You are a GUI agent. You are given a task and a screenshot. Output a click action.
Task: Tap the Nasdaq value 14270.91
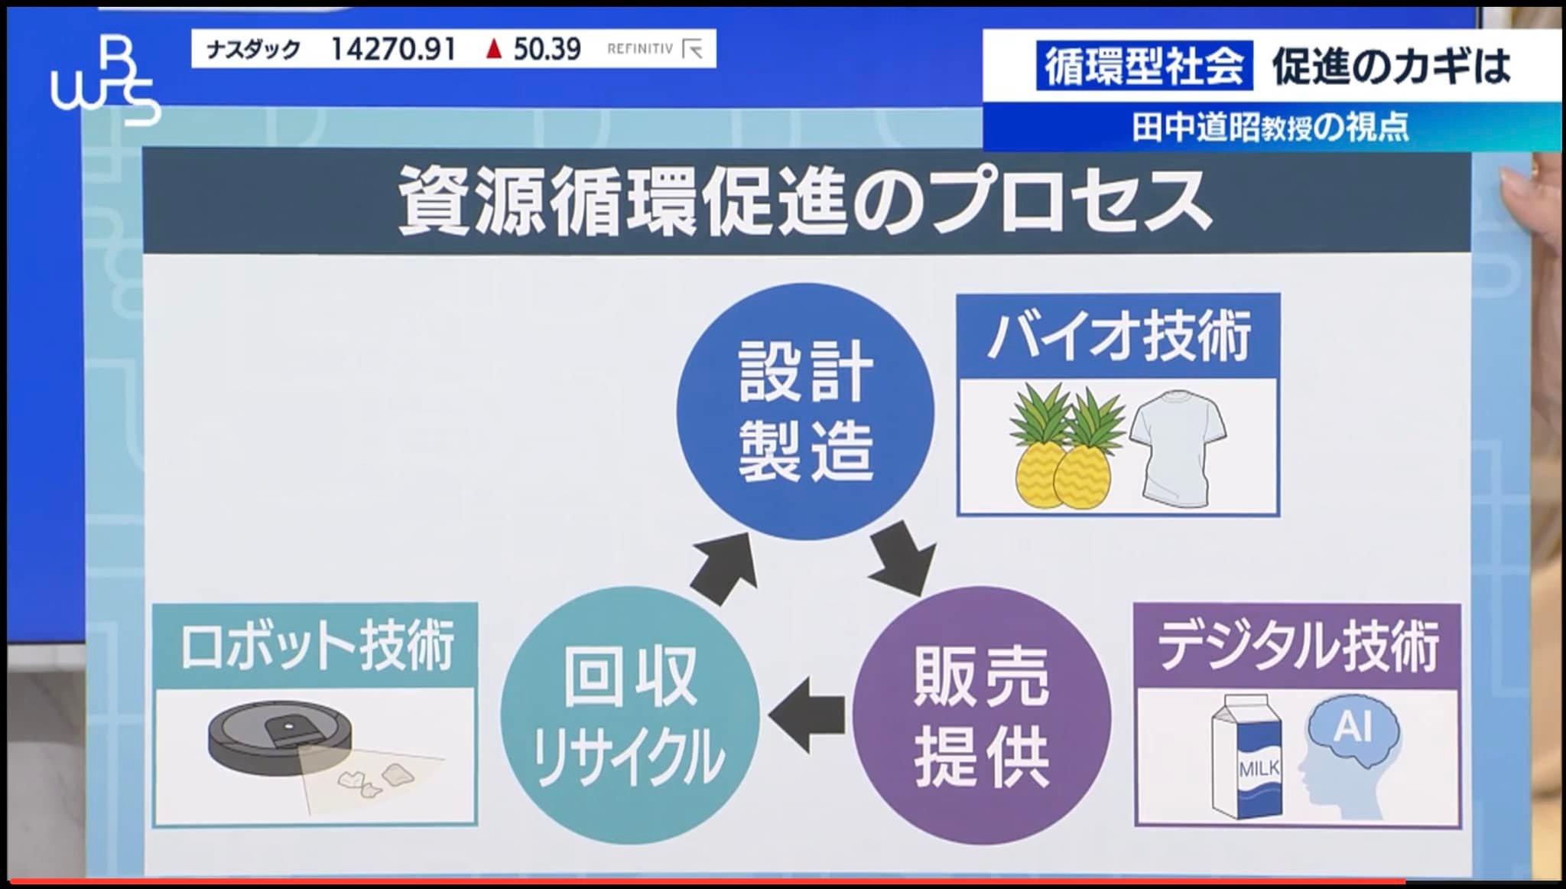[393, 50]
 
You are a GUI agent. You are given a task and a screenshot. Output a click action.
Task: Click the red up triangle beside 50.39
[494, 50]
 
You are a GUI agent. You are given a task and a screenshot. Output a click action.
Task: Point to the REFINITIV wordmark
[640, 49]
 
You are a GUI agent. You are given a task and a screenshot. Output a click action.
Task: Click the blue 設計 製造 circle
[805, 411]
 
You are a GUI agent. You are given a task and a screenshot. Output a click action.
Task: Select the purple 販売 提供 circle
[981, 715]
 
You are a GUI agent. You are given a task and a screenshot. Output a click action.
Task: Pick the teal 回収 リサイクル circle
[629, 715]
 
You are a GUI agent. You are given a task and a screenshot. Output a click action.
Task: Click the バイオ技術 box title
[1119, 337]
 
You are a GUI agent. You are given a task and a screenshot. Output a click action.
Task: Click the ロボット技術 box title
[317, 646]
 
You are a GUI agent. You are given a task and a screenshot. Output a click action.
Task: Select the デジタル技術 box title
[1298, 646]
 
